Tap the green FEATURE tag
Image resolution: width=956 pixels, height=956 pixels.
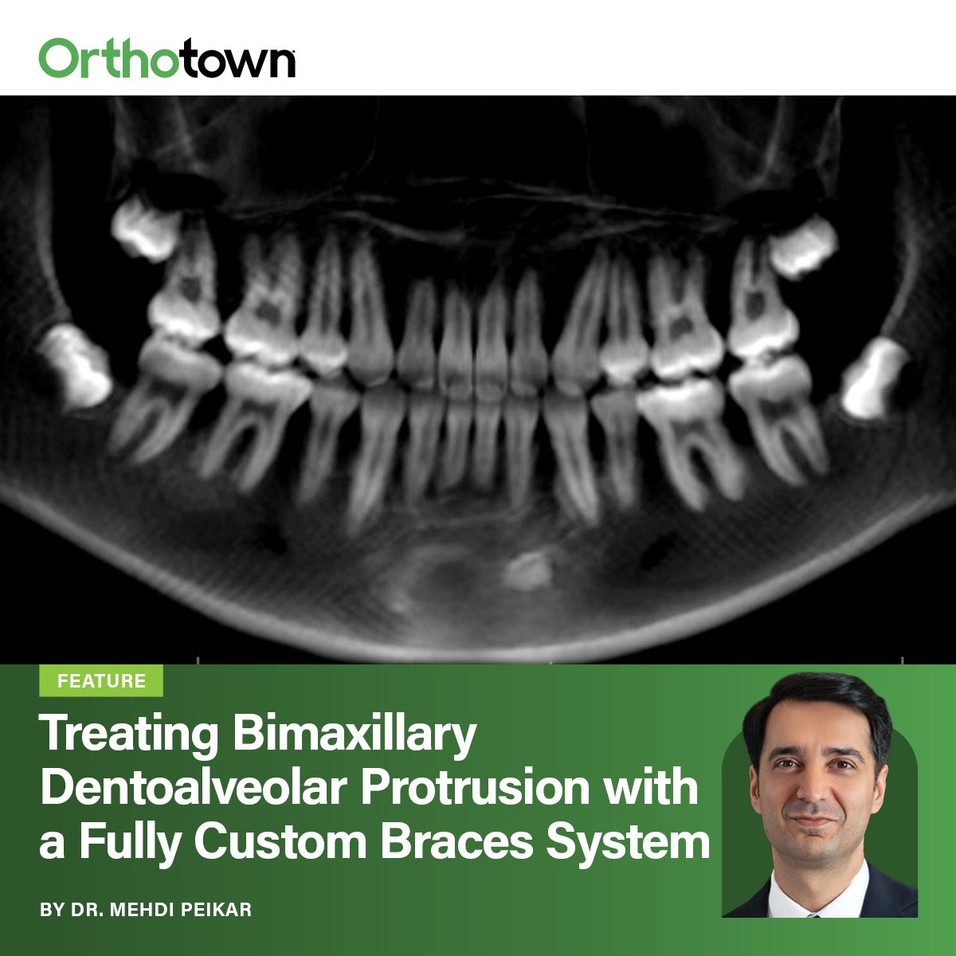(x=101, y=681)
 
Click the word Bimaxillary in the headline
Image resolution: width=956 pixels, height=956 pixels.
(x=355, y=735)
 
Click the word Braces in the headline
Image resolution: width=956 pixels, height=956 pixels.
(x=456, y=841)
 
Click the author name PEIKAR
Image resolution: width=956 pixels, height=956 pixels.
(x=216, y=909)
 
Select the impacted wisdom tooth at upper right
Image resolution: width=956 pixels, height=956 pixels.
(x=803, y=242)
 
